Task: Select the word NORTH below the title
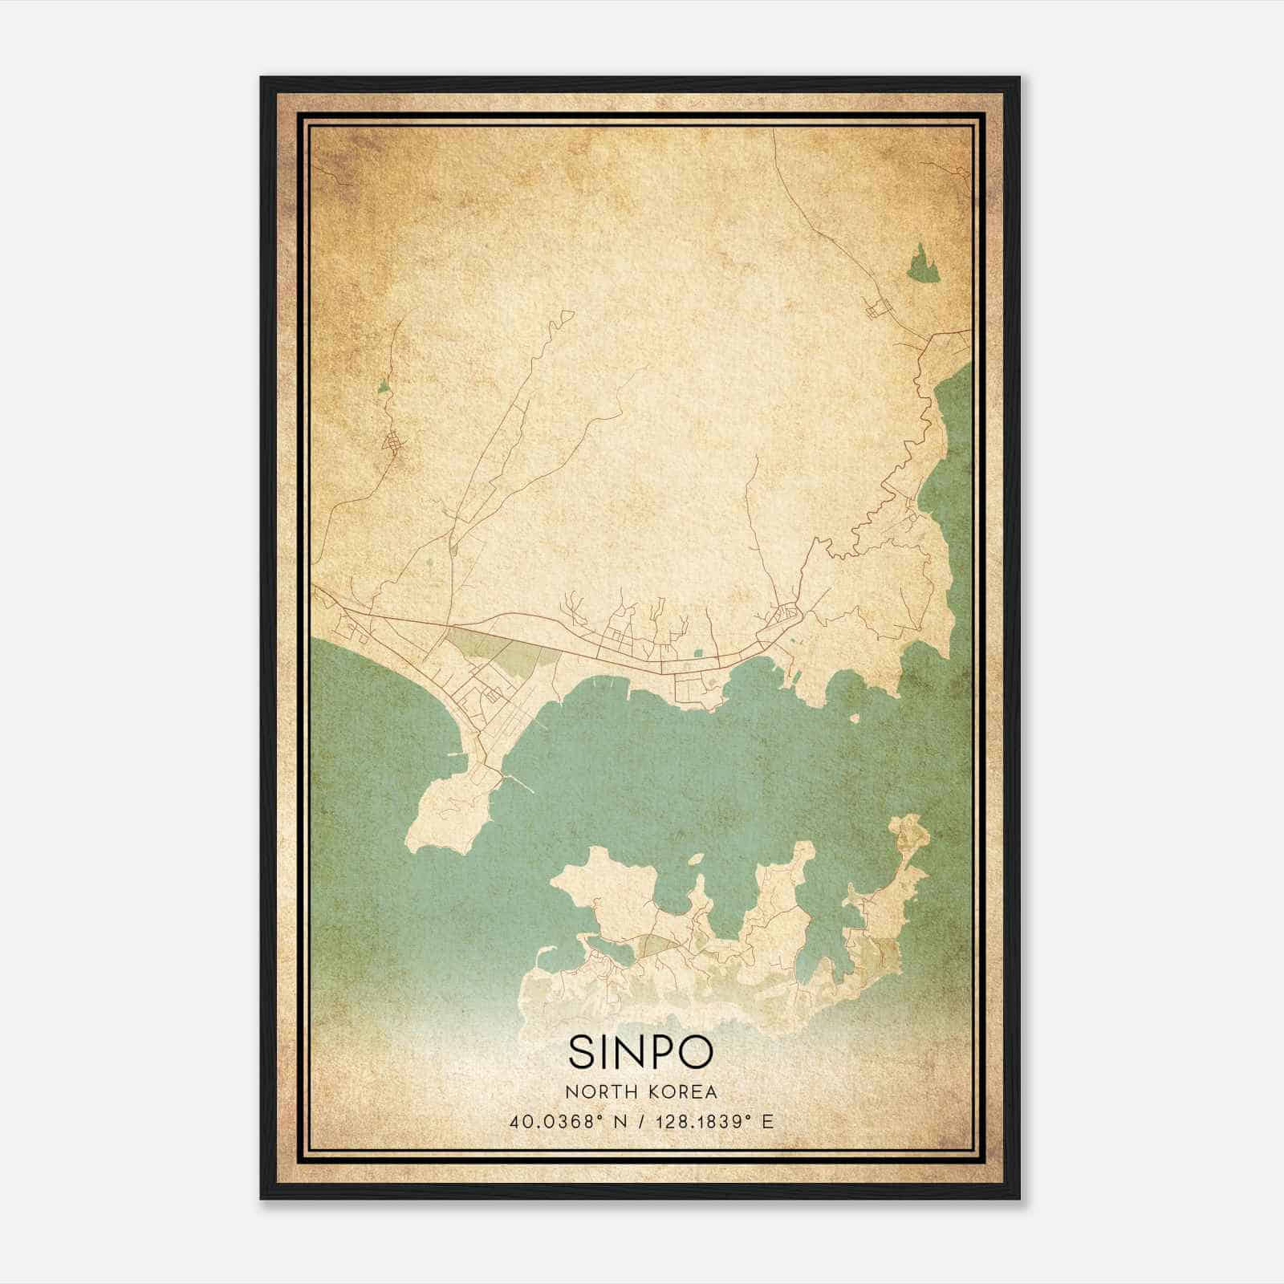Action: tap(599, 1091)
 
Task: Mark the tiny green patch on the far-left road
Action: tap(384, 388)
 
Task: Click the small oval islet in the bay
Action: tap(695, 859)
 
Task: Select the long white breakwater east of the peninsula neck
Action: tap(518, 782)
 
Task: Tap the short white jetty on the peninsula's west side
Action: tap(456, 756)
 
